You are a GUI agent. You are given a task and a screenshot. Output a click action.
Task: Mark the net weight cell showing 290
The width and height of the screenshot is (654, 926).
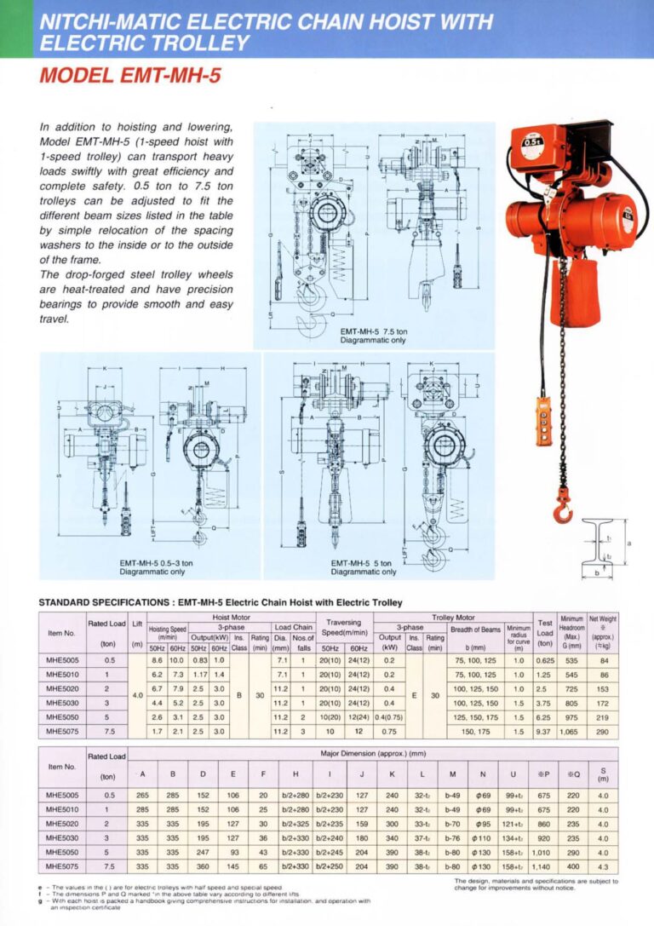603,731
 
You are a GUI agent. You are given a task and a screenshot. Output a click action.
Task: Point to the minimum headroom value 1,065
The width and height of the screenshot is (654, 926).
567,731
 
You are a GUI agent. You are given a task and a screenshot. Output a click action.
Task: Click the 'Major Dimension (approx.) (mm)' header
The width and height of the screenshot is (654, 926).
372,755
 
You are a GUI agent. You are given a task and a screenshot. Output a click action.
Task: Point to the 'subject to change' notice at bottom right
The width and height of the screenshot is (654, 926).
536,884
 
